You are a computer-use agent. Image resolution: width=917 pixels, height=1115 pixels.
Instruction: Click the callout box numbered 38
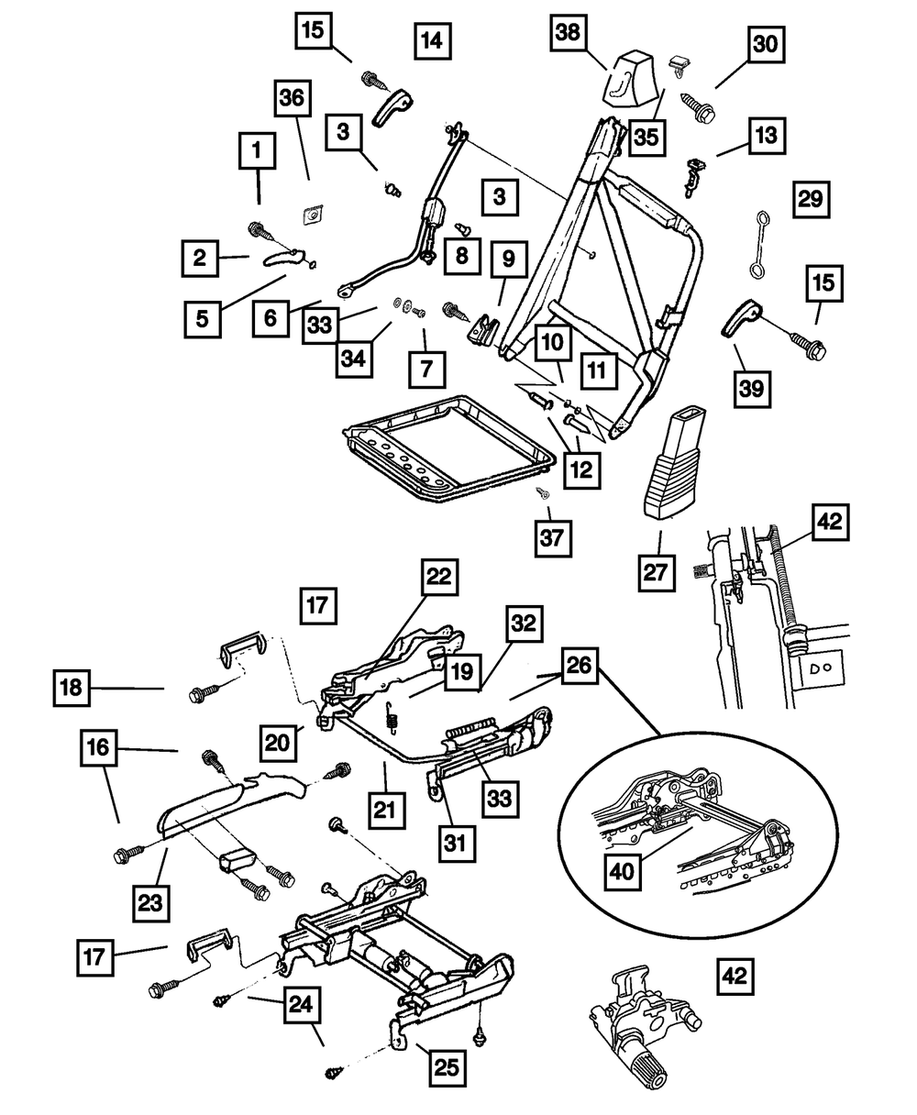(569, 33)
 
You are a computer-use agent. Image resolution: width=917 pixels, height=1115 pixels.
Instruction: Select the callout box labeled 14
(433, 40)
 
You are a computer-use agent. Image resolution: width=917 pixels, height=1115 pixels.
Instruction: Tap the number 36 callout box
(293, 98)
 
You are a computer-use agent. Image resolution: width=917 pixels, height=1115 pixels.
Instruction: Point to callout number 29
(812, 200)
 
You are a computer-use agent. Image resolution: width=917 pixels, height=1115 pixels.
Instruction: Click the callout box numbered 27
(657, 572)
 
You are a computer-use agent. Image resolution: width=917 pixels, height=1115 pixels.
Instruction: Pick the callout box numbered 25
(447, 1068)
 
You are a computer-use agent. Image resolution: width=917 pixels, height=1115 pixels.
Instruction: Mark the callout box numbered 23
(150, 903)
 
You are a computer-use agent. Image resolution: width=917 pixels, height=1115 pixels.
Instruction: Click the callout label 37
(553, 539)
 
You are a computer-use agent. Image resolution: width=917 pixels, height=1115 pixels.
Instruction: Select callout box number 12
(582, 470)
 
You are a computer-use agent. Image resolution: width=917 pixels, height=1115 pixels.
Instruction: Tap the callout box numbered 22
(439, 577)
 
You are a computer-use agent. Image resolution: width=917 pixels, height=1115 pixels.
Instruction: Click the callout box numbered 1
(257, 150)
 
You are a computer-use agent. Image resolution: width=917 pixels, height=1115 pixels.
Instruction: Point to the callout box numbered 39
(752, 390)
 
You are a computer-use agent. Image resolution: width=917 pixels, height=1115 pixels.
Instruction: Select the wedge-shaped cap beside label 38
(633, 79)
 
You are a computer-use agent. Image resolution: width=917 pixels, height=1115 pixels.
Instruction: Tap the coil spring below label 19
(391, 718)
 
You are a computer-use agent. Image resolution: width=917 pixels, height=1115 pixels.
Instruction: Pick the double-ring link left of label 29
(760, 244)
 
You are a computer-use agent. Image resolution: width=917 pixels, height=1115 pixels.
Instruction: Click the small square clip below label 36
(313, 215)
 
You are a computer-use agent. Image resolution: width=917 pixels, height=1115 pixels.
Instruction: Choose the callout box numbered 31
(456, 844)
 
